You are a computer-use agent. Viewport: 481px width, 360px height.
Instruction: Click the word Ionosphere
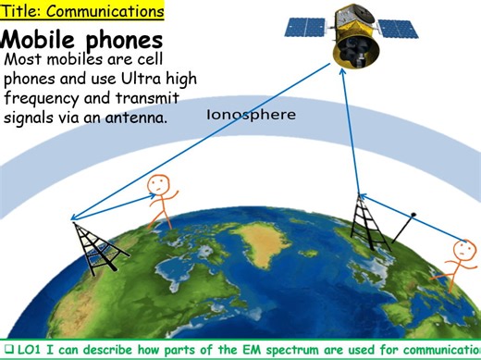tap(252, 116)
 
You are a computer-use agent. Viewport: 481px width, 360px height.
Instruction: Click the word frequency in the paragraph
tap(43, 98)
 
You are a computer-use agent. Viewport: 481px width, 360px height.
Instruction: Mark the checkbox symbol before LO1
tap(7, 350)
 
